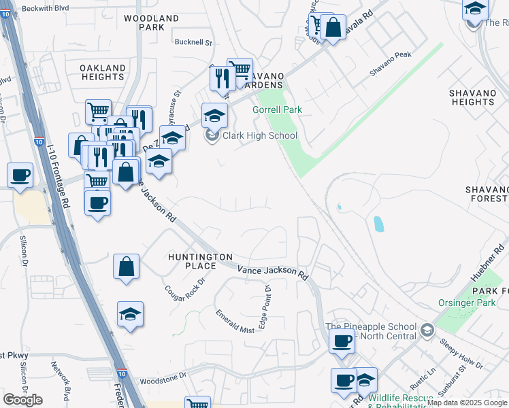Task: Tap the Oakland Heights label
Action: pyautogui.click(x=103, y=73)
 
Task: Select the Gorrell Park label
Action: pyautogui.click(x=277, y=109)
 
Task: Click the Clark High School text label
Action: pyautogui.click(x=260, y=135)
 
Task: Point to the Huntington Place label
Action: pyautogui.click(x=201, y=260)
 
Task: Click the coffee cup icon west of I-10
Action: pyautogui.click(x=20, y=175)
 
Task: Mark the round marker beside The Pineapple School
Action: pyautogui.click(x=427, y=330)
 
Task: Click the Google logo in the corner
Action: pyautogui.click(x=22, y=400)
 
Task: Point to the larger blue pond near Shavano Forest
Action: pyautogui.click(x=378, y=224)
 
